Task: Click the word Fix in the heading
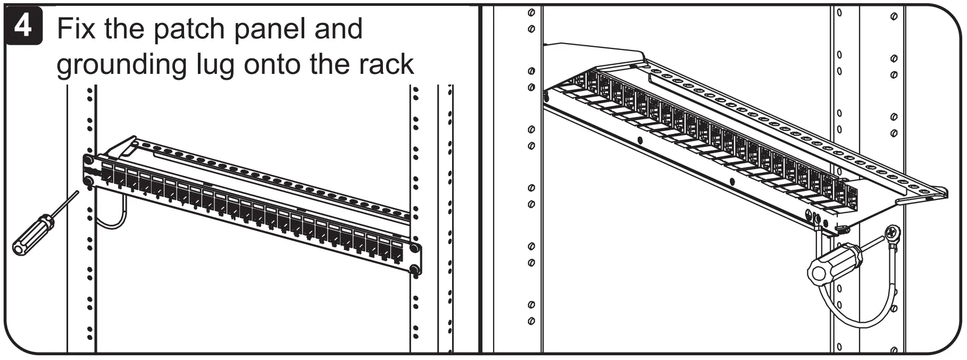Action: (x=77, y=29)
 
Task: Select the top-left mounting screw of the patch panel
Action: (x=88, y=159)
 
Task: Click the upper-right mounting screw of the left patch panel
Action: (x=414, y=248)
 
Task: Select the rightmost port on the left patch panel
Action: (x=397, y=250)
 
